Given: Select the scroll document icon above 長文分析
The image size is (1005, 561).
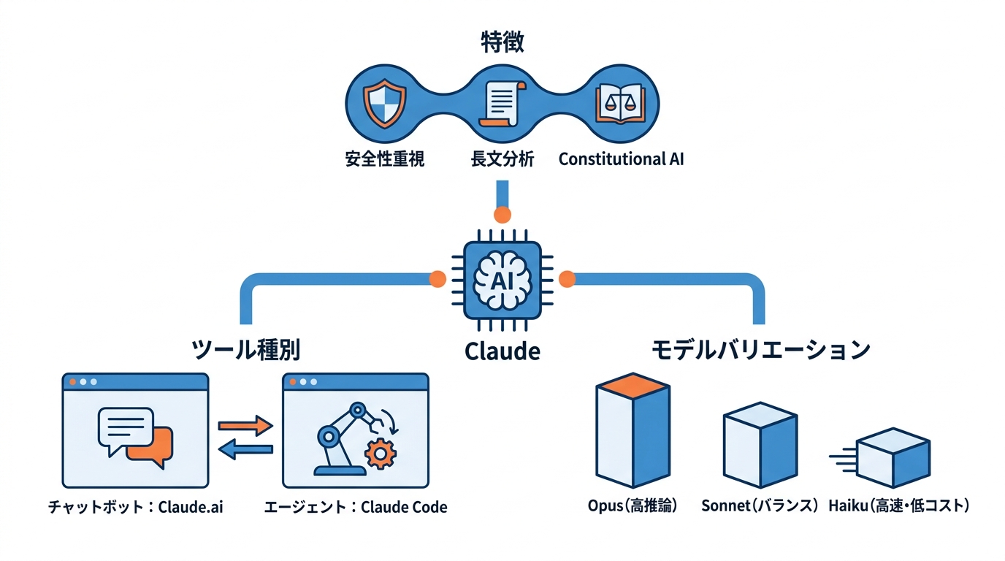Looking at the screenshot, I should tap(502, 104).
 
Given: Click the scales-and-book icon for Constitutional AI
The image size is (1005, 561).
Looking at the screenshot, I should tap(619, 104).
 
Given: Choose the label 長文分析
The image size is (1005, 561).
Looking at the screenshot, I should tap(502, 159).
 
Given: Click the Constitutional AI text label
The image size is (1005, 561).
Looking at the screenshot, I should tap(621, 159).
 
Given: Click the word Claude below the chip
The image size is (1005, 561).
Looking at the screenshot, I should tap(502, 351).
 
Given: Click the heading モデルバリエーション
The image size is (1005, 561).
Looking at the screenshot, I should tap(760, 350).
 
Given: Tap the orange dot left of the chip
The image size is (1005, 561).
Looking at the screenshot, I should tap(437, 278).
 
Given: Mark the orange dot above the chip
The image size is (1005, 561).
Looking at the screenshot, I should tap(502, 215).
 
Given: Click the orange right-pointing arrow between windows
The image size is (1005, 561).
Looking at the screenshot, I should tap(245, 424).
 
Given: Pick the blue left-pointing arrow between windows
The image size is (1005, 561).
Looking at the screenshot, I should tap(245, 450).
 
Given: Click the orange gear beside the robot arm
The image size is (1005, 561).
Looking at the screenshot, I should tap(379, 454).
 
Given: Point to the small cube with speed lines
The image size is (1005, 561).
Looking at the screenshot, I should tap(893, 458).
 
